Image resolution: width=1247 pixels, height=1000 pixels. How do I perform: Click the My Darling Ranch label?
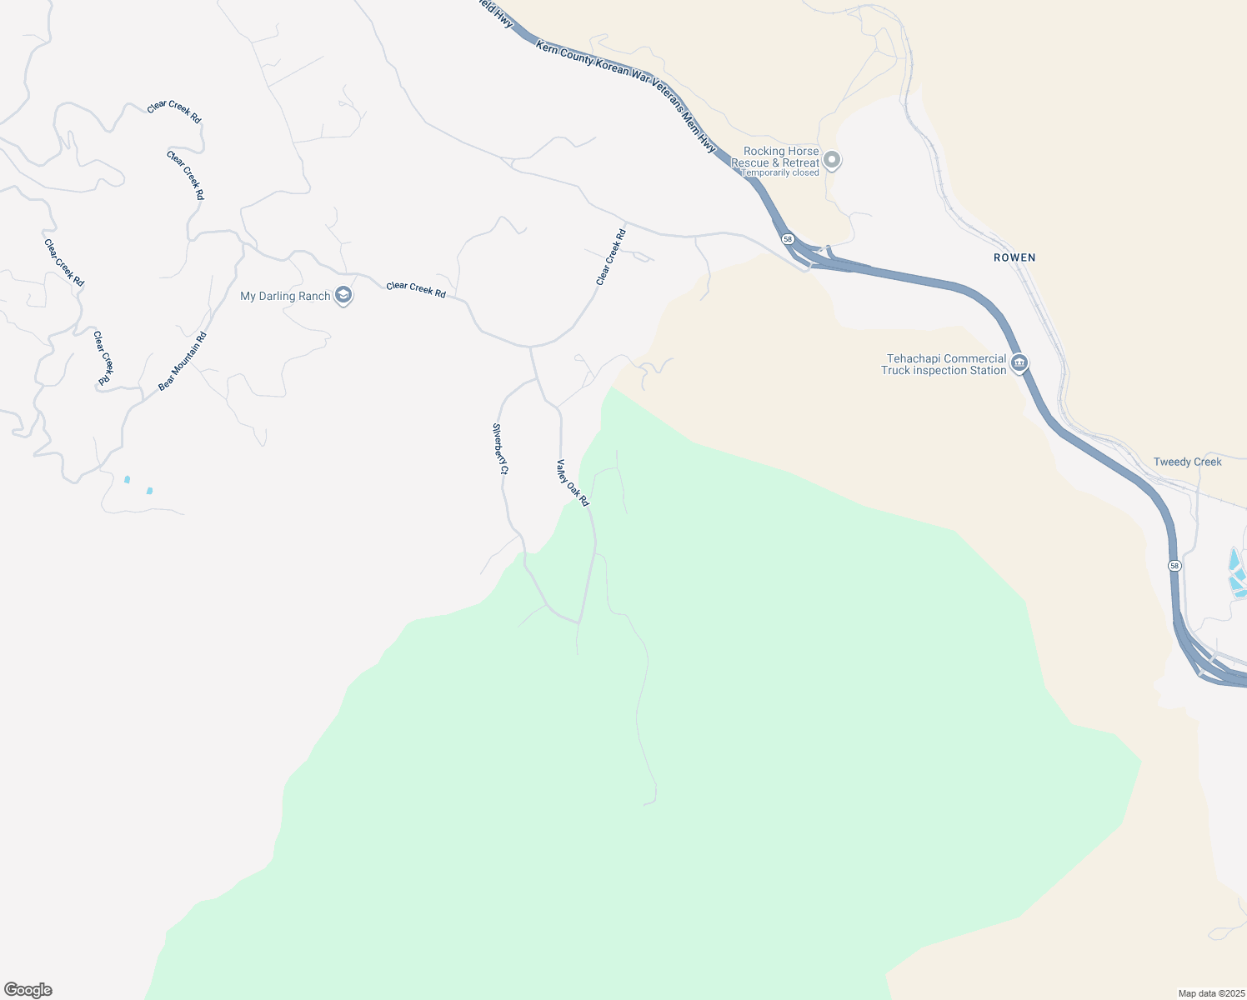[285, 296]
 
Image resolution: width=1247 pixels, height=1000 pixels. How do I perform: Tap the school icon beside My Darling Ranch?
[343, 296]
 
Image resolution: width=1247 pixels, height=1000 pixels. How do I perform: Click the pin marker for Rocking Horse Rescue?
[831, 159]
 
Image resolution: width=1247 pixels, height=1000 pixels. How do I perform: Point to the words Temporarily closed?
[780, 173]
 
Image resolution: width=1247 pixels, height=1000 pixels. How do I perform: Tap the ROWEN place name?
[1014, 257]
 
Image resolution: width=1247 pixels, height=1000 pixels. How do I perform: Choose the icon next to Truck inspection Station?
[1019, 364]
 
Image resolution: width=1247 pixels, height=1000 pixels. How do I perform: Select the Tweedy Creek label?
[1187, 462]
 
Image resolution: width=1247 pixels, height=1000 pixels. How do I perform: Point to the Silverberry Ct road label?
[500, 449]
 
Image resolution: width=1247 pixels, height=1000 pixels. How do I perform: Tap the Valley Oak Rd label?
[573, 483]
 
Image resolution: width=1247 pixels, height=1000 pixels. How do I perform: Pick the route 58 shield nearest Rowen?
[788, 239]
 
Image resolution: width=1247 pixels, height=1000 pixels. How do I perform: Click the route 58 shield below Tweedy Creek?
[1174, 566]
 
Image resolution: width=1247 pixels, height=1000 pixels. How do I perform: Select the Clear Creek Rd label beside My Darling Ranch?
[416, 290]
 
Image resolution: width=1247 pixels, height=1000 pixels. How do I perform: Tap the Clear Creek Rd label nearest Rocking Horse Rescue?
[611, 257]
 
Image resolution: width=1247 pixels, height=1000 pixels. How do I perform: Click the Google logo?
[28, 990]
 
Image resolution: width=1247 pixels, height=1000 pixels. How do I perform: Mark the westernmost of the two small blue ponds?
[127, 479]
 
